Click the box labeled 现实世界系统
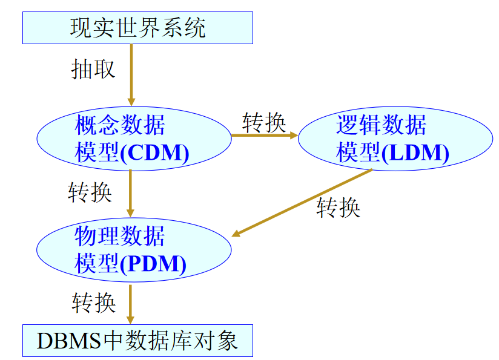137,28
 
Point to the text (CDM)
154,152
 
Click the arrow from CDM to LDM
264,135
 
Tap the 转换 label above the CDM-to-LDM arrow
263,122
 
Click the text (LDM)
416,152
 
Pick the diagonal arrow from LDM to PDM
303,203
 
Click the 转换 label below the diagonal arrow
339,208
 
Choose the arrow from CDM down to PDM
130,192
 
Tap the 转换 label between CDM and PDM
90,192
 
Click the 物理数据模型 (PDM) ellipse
134,249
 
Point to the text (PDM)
154,264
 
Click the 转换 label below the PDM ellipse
94,302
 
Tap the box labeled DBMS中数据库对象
137,341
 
